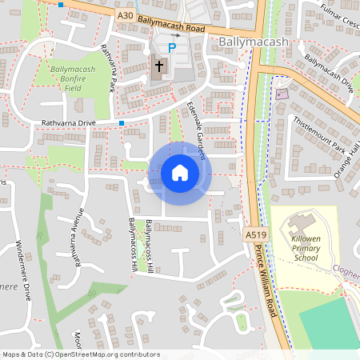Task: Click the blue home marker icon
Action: click(179, 173)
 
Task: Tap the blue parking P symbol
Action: click(171, 48)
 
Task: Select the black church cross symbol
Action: click(159, 65)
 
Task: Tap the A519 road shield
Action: click(254, 234)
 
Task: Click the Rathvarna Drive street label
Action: click(69, 123)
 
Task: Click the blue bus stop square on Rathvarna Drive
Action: click(122, 123)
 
